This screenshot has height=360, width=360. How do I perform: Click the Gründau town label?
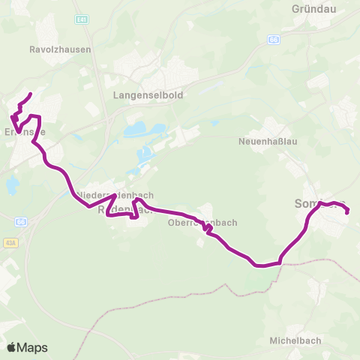click(x=313, y=10)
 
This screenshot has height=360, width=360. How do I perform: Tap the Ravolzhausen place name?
click(x=60, y=49)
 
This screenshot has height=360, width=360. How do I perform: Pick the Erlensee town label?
click(x=25, y=132)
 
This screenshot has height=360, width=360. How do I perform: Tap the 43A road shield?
click(x=10, y=242)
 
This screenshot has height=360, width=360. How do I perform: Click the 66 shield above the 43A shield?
click(x=21, y=223)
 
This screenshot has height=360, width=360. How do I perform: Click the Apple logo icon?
click(x=13, y=347)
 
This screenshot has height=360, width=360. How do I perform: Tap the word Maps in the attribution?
click(x=32, y=347)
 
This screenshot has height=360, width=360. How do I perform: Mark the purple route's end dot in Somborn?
click(x=348, y=212)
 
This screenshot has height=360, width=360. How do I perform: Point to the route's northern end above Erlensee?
click(x=30, y=94)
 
